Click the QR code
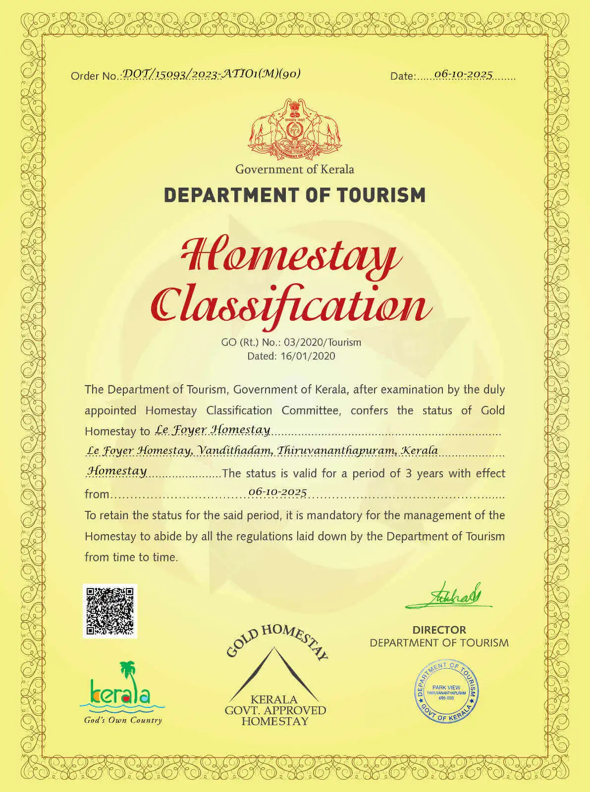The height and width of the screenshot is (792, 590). pyautogui.click(x=109, y=611)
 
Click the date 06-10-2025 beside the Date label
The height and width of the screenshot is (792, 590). pyautogui.click(x=463, y=74)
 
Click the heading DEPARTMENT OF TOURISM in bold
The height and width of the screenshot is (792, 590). pyautogui.click(x=295, y=195)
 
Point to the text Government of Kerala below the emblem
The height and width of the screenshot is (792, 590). pyautogui.click(x=295, y=169)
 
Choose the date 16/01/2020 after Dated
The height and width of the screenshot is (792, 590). pyautogui.click(x=308, y=356)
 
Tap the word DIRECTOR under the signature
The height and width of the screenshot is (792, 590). pyautogui.click(x=439, y=630)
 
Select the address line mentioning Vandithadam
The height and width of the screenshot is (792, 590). pyautogui.click(x=262, y=451)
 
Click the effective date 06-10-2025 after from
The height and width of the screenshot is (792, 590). pyautogui.click(x=277, y=492)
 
